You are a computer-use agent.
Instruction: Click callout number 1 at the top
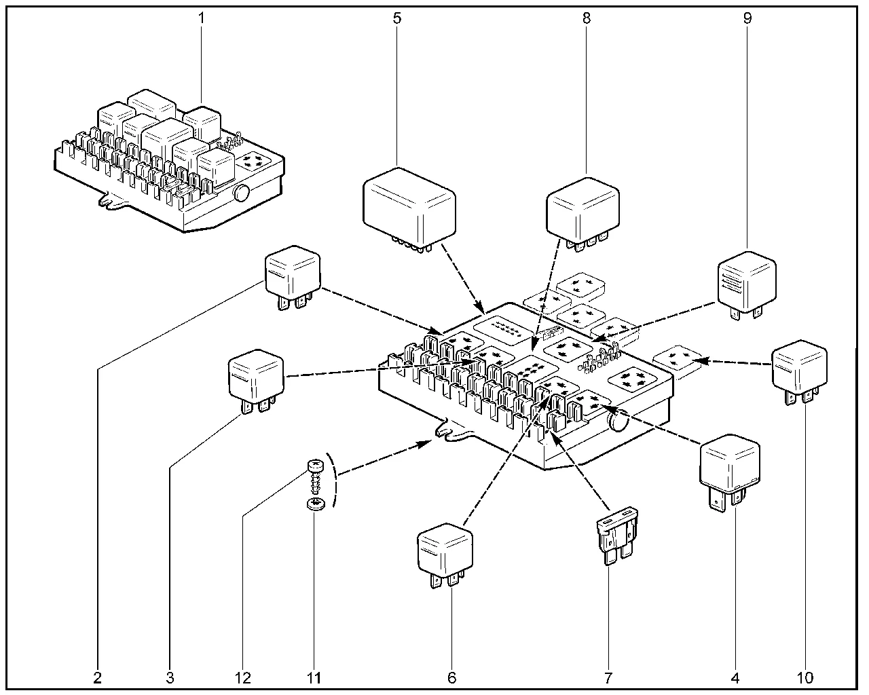201,18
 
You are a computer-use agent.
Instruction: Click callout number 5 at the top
396,18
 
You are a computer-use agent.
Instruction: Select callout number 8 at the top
587,18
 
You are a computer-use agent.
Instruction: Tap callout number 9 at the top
747,18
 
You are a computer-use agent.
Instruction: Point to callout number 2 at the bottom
98,677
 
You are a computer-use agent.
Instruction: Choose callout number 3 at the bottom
170,677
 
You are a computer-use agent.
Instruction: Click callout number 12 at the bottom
242,677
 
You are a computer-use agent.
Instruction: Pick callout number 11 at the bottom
314,677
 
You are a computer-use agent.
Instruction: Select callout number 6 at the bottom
452,677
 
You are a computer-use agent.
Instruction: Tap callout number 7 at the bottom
608,677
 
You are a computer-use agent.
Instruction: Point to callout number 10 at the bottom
805,677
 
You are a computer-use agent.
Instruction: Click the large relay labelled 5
409,204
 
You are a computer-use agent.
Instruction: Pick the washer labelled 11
314,504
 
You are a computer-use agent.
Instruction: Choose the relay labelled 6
445,550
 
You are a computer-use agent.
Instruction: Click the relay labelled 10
800,370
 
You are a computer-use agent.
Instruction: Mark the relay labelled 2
292,275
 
